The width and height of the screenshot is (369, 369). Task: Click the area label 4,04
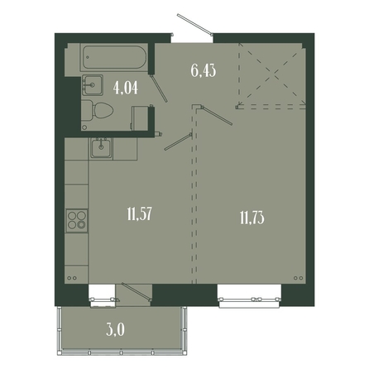pos(126,89)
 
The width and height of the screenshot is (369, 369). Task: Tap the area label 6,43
pos(204,70)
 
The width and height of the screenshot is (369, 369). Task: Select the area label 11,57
pos(140,214)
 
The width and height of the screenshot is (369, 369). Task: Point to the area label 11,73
pos(252,218)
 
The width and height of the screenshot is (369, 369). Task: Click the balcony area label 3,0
pos(115,329)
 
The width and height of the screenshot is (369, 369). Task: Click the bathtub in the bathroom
pos(114,57)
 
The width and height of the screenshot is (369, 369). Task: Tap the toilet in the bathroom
pos(97,110)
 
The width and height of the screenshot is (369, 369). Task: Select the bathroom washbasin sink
pos(92,85)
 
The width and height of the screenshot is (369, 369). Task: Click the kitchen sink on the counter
pos(101,148)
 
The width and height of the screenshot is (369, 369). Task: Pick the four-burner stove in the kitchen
pos(77,220)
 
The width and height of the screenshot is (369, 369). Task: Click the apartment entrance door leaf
pos(194,25)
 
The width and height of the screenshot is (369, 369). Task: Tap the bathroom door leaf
pos(160,89)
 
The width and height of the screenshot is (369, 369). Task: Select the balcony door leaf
pos(137,292)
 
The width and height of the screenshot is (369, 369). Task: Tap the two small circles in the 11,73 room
pos(298,278)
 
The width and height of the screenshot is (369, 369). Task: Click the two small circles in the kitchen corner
pos(71,278)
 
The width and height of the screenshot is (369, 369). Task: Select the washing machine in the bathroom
pos(140,118)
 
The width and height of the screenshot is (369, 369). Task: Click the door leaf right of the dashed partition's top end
pos(217,115)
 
